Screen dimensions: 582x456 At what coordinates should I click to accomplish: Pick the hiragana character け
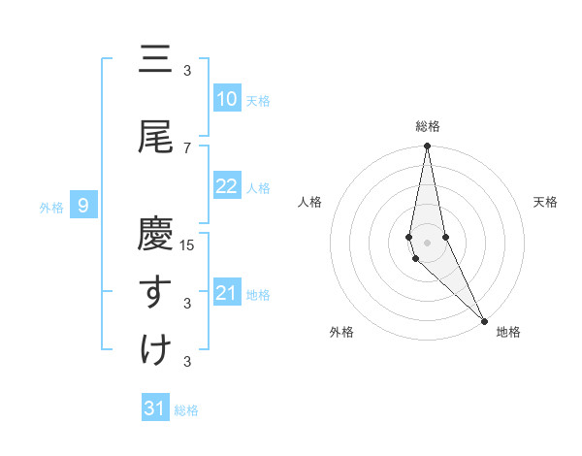click(x=155, y=348)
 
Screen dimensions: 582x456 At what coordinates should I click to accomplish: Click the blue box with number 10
click(x=226, y=98)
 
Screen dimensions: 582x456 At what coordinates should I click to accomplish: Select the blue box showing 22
click(x=226, y=187)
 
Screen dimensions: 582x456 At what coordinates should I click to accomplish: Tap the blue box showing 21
click(x=226, y=294)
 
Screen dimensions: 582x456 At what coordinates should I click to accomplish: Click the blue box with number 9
click(x=84, y=205)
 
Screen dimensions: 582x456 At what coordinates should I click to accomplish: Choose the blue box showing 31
click(x=155, y=408)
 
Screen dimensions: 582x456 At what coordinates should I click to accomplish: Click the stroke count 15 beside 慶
click(x=188, y=244)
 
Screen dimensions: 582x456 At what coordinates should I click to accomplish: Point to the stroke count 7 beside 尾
click(x=187, y=147)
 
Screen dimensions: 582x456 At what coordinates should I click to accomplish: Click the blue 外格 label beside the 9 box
click(x=51, y=206)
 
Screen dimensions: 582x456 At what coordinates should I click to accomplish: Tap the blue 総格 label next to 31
click(x=186, y=410)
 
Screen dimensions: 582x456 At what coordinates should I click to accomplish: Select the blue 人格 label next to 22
click(x=258, y=188)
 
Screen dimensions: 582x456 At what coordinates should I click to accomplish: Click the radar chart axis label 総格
click(x=428, y=126)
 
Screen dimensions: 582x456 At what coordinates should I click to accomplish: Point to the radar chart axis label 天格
click(x=546, y=202)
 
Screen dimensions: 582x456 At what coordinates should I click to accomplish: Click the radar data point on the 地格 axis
click(x=484, y=319)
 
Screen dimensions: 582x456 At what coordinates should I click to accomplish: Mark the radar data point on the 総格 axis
click(x=428, y=147)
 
